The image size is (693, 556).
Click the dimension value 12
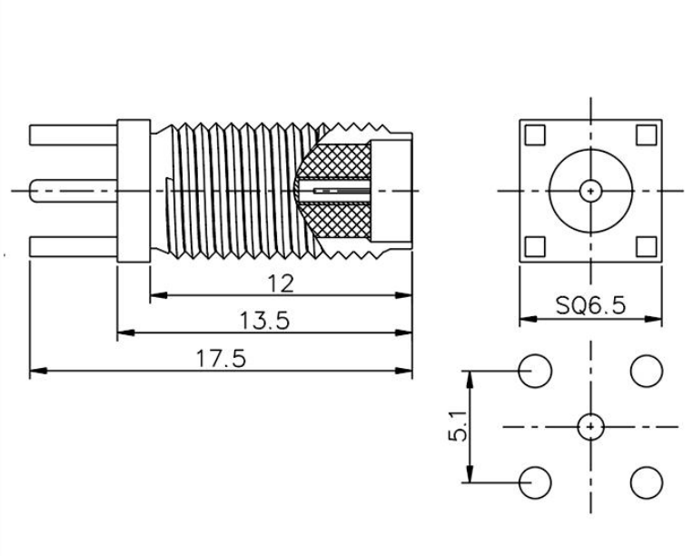[281, 283]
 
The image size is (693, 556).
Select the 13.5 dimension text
[264, 321]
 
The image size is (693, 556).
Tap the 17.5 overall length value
[221, 359]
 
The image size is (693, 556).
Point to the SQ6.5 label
[590, 305]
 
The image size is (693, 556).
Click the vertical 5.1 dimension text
[458, 426]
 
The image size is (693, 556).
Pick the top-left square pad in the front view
[535, 135]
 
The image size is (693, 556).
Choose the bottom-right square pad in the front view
[646, 247]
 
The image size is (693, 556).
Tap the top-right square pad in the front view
[646, 135]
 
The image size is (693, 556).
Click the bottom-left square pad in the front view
[535, 247]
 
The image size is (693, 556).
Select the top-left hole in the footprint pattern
[535, 371]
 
